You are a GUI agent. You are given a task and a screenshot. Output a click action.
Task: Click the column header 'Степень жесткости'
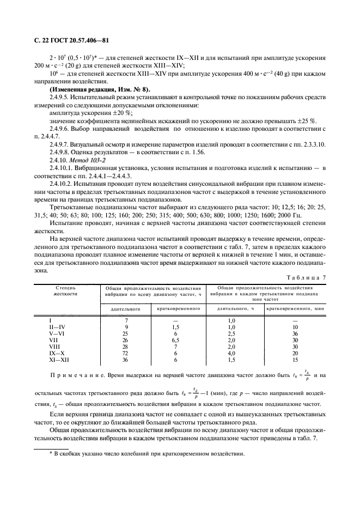pyautogui.click(x=65, y=290)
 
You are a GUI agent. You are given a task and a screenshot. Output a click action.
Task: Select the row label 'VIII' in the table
pyautogui.click(x=54, y=347)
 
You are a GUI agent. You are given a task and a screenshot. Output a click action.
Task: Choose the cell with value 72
pyautogui.click(x=126, y=354)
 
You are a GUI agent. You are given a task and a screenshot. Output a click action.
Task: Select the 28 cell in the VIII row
pyautogui.click(x=126, y=347)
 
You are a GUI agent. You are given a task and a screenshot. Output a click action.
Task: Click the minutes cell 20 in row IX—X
pyautogui.click(x=296, y=354)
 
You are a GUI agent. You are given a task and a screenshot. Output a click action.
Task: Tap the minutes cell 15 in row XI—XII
pyautogui.click(x=296, y=360)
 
